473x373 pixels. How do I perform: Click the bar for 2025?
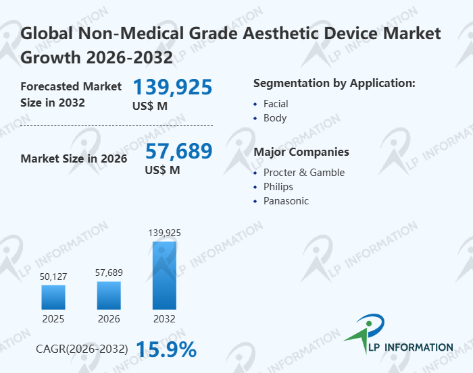click(x=53, y=297)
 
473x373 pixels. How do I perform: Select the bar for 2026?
click(x=109, y=295)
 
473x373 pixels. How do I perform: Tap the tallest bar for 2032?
click(x=164, y=275)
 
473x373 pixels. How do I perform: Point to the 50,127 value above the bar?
click(x=53, y=275)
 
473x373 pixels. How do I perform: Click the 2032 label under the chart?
click(x=164, y=318)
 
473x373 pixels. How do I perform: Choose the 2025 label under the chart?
click(x=53, y=318)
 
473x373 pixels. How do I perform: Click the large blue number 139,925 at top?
click(x=172, y=87)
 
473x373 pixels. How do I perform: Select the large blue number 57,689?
click(x=178, y=151)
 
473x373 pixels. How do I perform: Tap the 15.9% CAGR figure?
click(x=166, y=349)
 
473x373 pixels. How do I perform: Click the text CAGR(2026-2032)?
click(x=82, y=349)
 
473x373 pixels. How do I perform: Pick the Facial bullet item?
click(x=276, y=104)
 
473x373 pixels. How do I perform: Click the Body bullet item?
click(x=275, y=118)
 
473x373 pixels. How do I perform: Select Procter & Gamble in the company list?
click(x=303, y=173)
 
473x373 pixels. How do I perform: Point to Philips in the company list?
click(x=278, y=187)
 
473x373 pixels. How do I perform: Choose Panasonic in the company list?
click(x=286, y=201)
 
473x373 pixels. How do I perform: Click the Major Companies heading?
click(x=301, y=152)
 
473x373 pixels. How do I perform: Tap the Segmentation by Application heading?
click(x=334, y=84)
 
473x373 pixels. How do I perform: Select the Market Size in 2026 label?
click(x=74, y=159)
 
